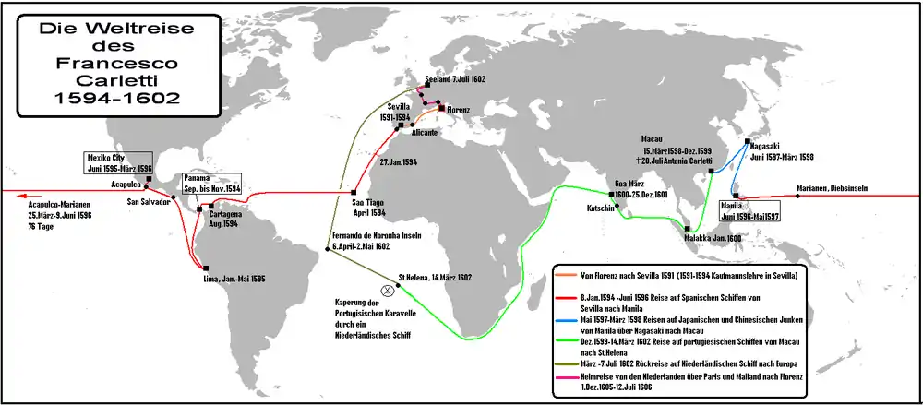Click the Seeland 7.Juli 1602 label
point(457,80)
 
